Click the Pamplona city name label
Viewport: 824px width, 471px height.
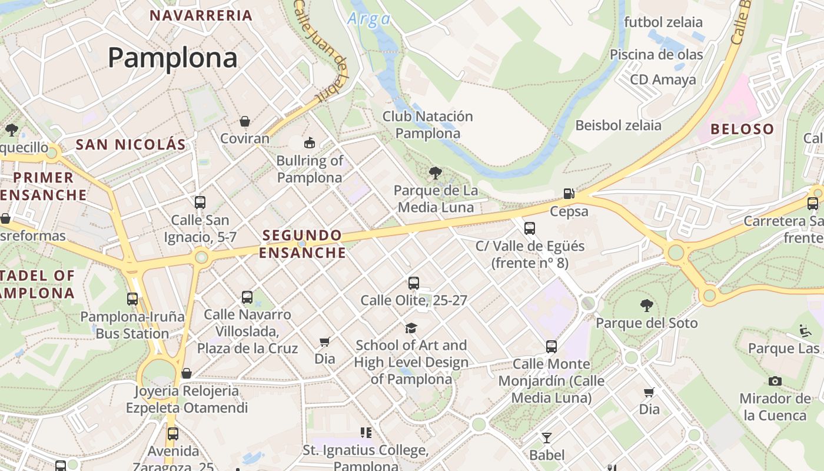[x=172, y=58]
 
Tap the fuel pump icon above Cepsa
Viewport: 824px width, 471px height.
[x=569, y=193]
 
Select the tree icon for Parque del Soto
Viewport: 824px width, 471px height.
[x=647, y=305]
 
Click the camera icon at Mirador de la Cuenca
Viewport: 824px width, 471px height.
[x=775, y=381]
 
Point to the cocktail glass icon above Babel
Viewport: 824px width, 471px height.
[x=547, y=437]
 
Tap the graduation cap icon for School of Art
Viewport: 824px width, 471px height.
[x=411, y=328]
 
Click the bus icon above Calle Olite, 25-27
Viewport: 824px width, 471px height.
[x=414, y=283]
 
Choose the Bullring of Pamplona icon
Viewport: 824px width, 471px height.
[x=310, y=142]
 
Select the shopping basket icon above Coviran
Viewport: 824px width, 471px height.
[x=245, y=121]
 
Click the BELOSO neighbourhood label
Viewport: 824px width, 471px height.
[x=742, y=129]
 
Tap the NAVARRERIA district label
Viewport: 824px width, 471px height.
[x=201, y=15]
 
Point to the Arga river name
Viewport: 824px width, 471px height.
[x=369, y=19]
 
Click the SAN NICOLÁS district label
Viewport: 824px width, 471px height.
[x=131, y=144]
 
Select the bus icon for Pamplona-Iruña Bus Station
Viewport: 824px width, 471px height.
[x=132, y=299]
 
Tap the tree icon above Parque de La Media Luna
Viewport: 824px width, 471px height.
[x=436, y=173]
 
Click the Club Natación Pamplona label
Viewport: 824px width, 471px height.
[x=428, y=125]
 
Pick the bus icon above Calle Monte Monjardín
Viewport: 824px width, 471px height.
[x=551, y=347]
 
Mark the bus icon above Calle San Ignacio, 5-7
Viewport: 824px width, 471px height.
[x=200, y=203]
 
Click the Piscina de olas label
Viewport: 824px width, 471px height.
[x=656, y=55]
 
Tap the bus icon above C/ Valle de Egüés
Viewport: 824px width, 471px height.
[x=530, y=228]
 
